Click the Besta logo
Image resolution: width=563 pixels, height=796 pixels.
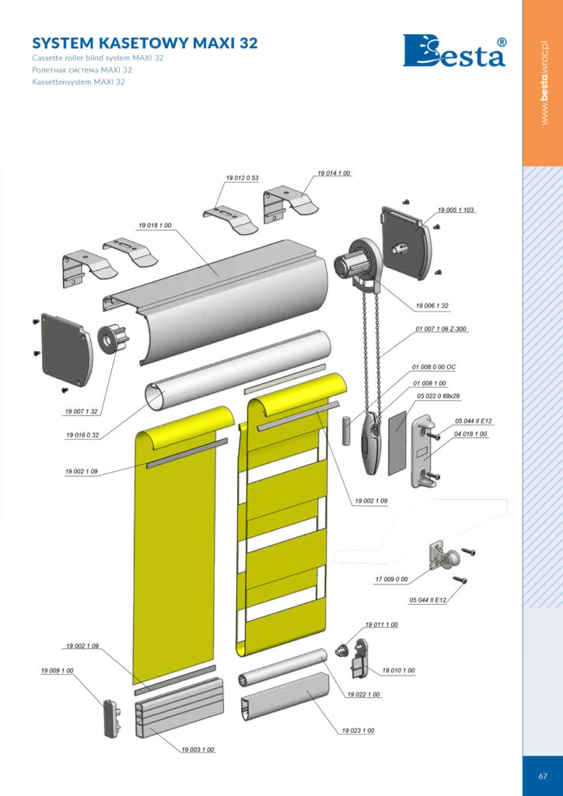454,51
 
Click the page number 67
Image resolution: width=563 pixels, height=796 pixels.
543,776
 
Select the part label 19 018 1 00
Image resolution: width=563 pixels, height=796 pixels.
155,225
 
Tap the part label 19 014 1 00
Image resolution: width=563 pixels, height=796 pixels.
334,173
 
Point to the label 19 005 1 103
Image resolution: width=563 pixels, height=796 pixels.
456,210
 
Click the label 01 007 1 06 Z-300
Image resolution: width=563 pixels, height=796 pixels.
441,330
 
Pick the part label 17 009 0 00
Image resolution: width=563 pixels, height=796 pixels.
391,579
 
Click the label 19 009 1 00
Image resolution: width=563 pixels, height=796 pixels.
58,671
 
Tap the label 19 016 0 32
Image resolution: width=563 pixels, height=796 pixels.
82,435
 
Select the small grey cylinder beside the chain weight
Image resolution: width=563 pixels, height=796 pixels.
346,431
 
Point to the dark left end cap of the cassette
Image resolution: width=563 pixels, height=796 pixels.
68,349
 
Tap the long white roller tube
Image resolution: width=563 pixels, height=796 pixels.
238,372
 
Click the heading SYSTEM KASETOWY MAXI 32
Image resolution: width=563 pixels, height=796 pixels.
145,43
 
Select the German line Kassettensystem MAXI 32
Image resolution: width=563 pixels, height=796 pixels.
79,82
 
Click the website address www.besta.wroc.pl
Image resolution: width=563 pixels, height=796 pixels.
544,82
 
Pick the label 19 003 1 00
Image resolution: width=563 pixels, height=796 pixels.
198,750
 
